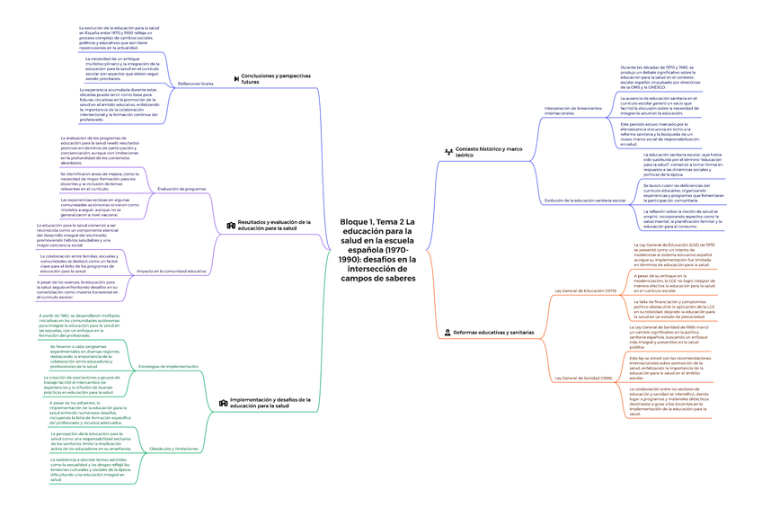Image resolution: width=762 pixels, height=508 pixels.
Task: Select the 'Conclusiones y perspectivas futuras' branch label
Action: pos(274,79)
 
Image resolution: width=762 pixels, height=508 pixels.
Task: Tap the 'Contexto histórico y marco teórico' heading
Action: pos(491,151)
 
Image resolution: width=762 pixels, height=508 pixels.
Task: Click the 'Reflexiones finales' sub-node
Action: pos(196,84)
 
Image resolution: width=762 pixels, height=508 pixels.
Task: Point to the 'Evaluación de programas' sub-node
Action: pos(182,189)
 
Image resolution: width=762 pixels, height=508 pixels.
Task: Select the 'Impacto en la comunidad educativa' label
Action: pos(172,271)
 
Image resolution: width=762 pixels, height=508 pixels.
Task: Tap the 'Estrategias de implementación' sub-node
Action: pos(169,367)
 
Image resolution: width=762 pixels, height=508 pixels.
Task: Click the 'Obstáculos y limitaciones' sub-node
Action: pos(174,448)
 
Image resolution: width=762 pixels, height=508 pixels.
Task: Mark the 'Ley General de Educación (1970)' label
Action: pos(587,291)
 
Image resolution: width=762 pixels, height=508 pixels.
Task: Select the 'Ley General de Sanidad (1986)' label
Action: pos(585,378)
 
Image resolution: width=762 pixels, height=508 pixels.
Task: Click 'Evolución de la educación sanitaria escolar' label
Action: pos(585,200)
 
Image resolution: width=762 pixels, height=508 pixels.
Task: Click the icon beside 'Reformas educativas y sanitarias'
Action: pos(447,333)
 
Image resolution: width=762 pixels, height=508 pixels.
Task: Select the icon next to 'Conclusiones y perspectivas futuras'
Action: pos(235,77)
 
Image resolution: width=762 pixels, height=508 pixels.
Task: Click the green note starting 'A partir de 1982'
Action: pos(85,325)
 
